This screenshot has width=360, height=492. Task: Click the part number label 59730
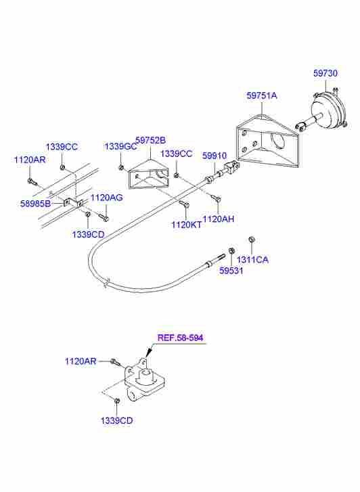click(325, 73)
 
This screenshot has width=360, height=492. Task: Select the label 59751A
click(262, 95)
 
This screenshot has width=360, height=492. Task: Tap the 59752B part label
click(150, 140)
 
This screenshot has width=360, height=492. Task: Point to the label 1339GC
click(120, 147)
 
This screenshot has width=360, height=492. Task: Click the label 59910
click(214, 156)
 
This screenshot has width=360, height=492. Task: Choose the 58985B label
click(35, 204)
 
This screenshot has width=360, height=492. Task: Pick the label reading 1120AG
click(107, 198)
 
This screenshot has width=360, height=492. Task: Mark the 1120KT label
click(187, 225)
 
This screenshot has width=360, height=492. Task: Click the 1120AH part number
click(219, 219)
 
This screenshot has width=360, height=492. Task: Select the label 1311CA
click(252, 260)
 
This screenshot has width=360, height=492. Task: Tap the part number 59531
click(231, 271)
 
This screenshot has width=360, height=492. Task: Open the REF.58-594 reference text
click(180, 338)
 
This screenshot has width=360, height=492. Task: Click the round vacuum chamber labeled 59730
click(328, 110)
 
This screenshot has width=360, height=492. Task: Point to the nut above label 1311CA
click(251, 240)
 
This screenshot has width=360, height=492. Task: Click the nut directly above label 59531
click(231, 250)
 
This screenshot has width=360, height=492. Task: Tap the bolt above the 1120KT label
click(184, 204)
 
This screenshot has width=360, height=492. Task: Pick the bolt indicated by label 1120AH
click(217, 198)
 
